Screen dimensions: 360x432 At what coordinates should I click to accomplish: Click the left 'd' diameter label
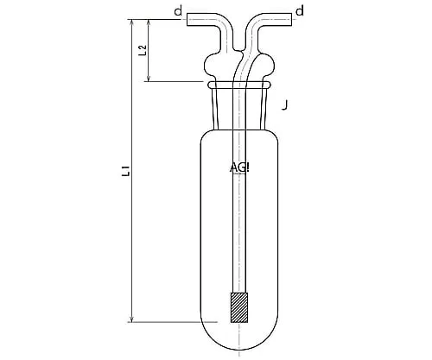[x=178, y=10]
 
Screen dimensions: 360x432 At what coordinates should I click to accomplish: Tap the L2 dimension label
[x=144, y=50]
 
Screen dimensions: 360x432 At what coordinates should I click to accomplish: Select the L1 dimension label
[x=126, y=172]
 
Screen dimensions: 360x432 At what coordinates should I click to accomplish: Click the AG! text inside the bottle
[x=239, y=167]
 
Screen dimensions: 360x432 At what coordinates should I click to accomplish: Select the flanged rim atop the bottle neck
[x=239, y=85]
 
